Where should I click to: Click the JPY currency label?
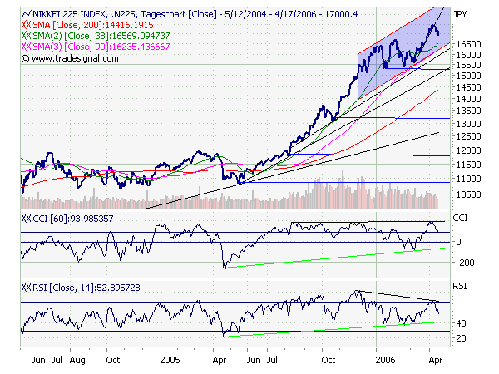(459, 15)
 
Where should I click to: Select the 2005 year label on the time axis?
(170, 362)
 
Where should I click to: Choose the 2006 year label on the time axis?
(383, 362)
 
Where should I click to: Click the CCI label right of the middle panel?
(460, 217)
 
